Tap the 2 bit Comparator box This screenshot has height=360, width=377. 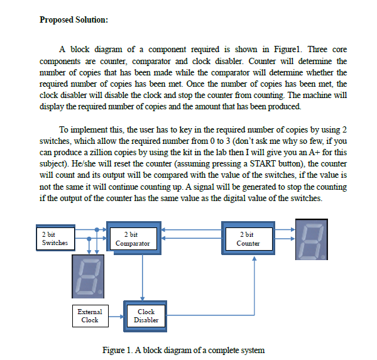(x=133, y=239)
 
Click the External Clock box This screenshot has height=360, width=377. (x=89, y=315)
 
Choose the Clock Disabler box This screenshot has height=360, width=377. (x=146, y=315)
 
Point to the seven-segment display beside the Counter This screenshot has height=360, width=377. (x=312, y=239)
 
